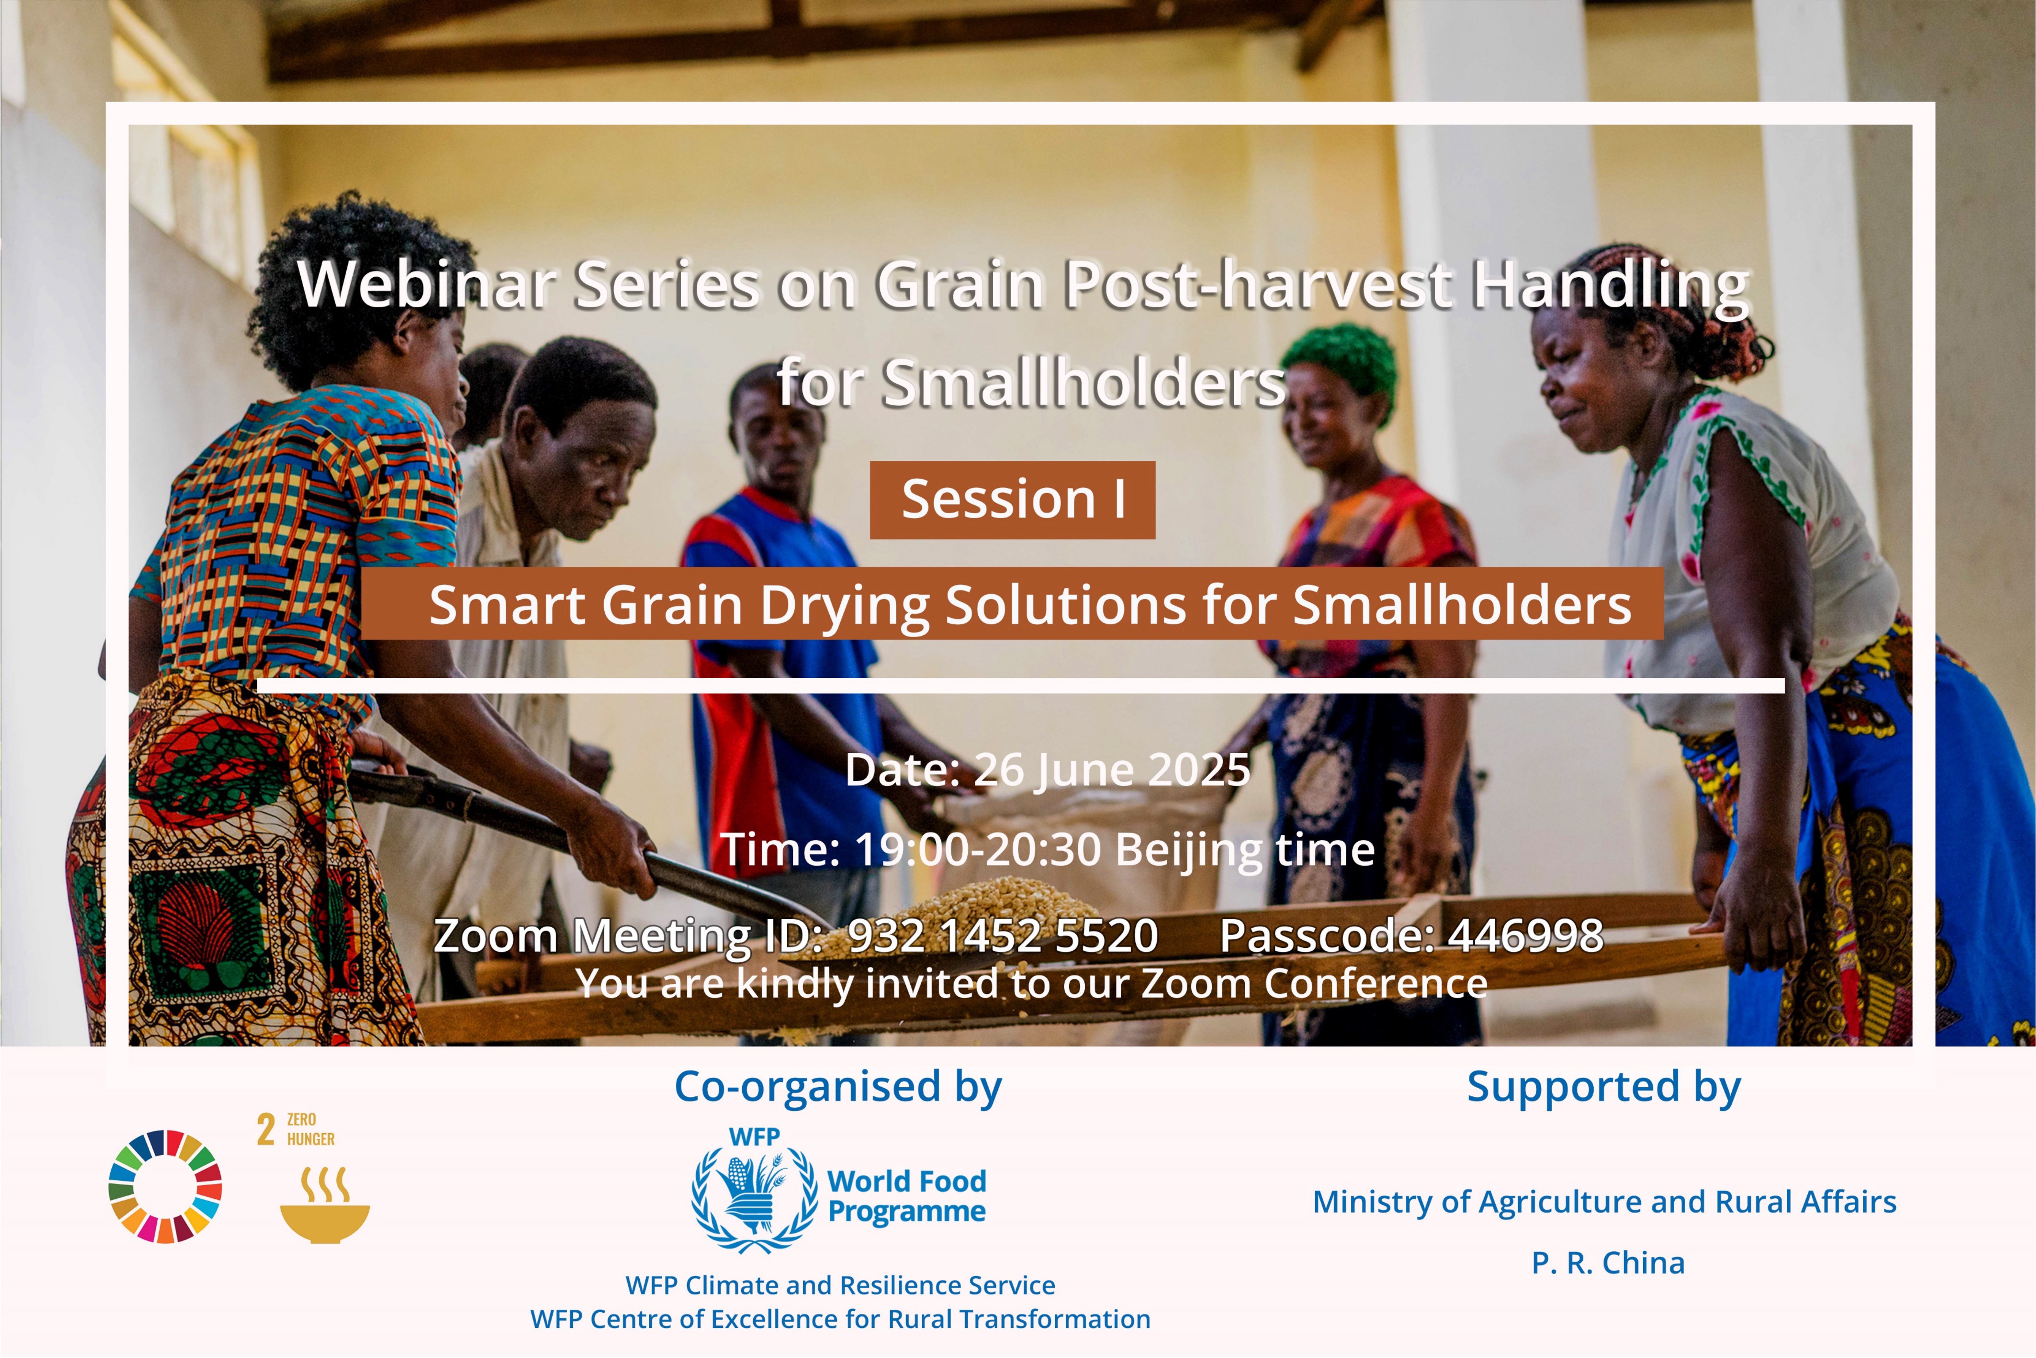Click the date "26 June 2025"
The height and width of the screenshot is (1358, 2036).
pos(1112,769)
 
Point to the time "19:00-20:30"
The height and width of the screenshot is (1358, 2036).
pos(978,849)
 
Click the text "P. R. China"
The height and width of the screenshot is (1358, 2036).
pos(1608,1263)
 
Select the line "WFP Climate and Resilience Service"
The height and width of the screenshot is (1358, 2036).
pos(840,1285)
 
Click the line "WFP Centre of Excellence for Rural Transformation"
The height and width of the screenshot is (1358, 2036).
pos(840,1319)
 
